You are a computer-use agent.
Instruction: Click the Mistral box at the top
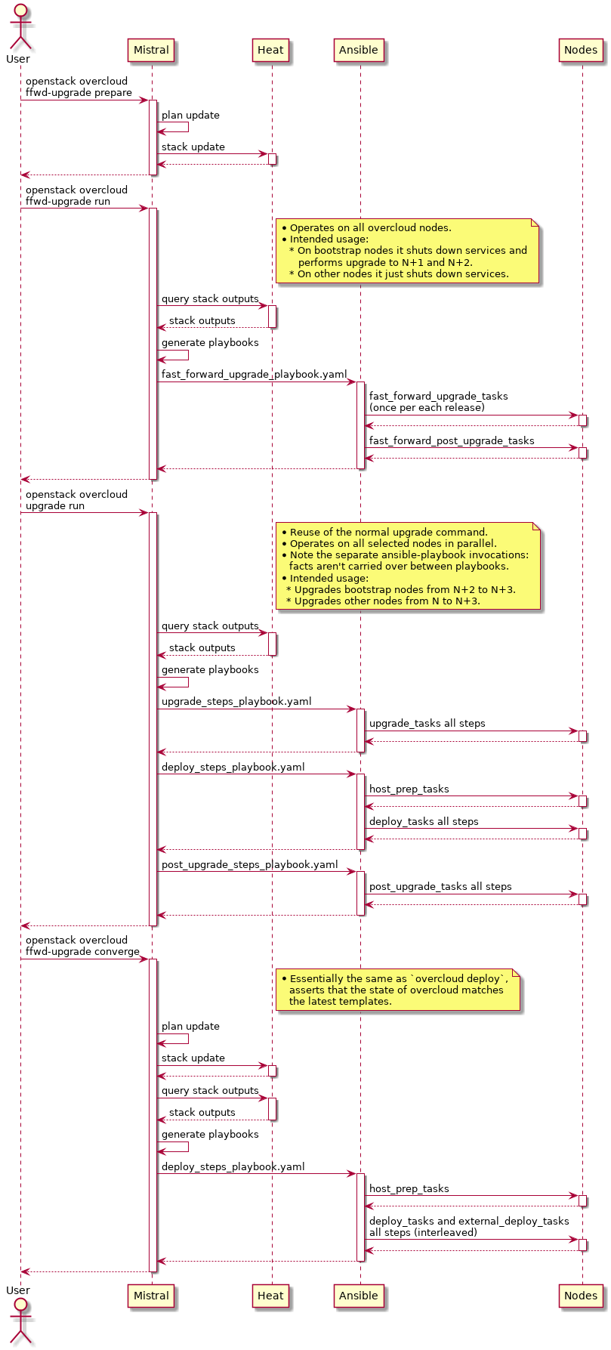(151, 51)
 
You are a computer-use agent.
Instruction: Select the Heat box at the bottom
(270, 1296)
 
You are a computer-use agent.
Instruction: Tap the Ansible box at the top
(359, 51)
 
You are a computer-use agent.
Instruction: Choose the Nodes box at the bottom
(581, 1296)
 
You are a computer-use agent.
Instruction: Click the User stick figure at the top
(20, 29)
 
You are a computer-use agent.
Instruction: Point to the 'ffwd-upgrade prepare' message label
(79, 93)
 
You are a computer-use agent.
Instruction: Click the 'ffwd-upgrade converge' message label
(82, 952)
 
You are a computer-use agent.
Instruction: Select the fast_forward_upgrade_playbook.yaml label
(254, 375)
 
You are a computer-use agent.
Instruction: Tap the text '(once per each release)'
(427, 408)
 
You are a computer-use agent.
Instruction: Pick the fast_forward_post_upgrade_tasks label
(452, 440)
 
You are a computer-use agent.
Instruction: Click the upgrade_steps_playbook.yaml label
(236, 702)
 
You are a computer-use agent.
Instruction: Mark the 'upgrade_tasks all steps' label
(427, 724)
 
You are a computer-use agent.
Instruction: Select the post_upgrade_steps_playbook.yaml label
(249, 865)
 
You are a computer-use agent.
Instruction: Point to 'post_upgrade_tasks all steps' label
(440, 887)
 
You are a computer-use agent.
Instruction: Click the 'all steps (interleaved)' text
(423, 1233)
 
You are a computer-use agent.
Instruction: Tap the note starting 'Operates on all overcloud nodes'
(407, 251)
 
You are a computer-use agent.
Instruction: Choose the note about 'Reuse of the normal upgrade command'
(408, 567)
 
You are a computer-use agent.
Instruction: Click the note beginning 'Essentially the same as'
(398, 990)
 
